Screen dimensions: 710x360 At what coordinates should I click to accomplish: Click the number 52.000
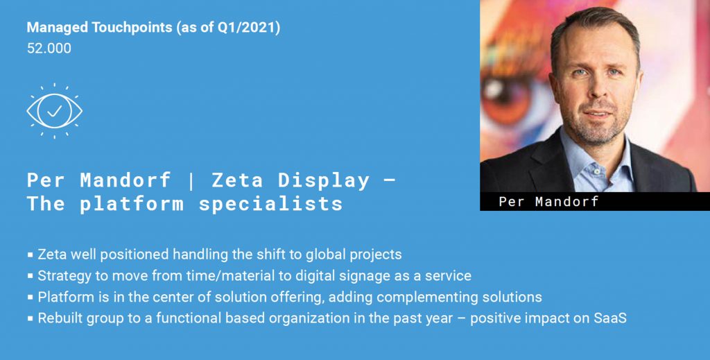point(49,49)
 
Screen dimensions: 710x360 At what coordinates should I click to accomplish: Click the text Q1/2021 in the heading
point(246,28)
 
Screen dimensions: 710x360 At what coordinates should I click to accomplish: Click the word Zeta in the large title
point(237,180)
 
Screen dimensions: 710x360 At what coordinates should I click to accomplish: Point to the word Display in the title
point(324,181)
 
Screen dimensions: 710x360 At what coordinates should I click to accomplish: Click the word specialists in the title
point(271,204)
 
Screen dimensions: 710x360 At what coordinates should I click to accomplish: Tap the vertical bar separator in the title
point(191,181)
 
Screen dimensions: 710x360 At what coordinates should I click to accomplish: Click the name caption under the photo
point(548,202)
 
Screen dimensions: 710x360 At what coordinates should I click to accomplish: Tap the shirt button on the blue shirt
point(597,172)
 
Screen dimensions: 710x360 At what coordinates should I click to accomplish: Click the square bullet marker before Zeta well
point(31,255)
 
